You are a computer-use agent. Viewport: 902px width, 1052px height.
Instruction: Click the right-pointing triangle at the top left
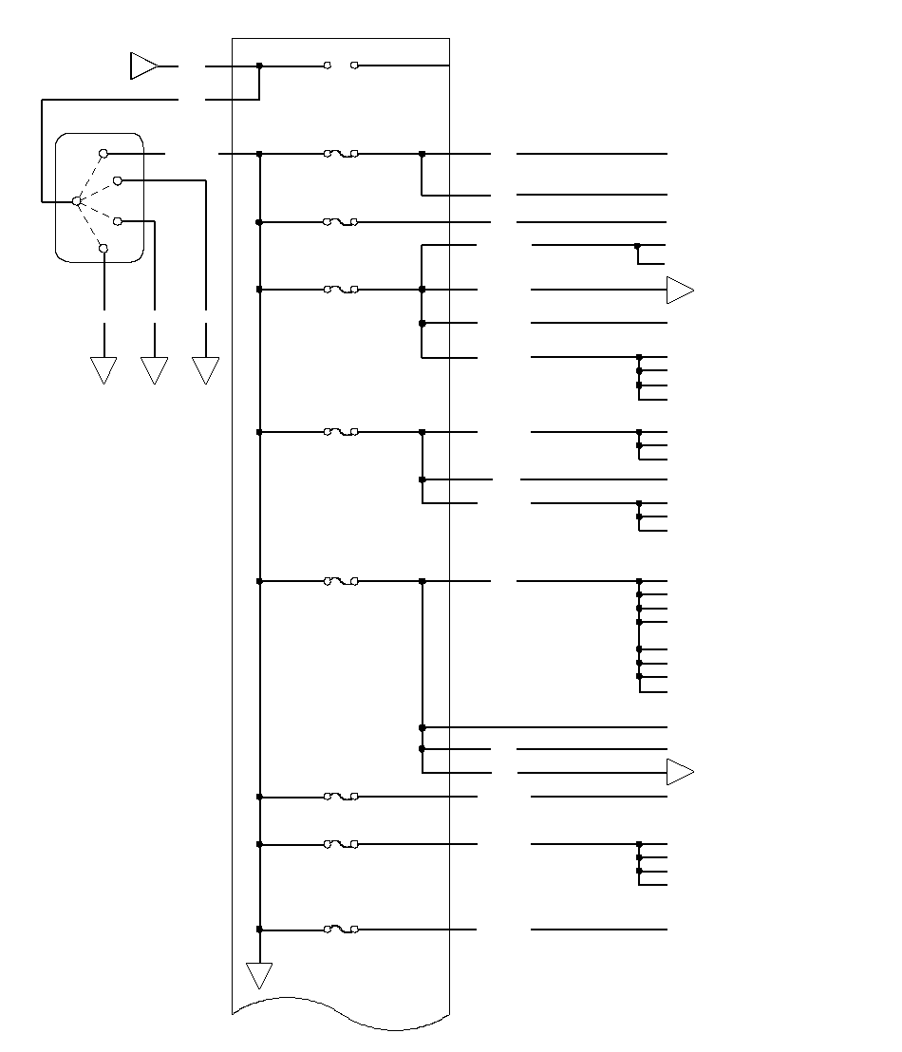click(x=142, y=66)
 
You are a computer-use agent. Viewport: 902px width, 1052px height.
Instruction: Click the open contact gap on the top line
click(x=341, y=66)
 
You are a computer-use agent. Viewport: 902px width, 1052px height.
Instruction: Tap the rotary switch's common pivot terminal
click(x=77, y=201)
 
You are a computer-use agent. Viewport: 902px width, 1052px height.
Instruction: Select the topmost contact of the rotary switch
click(x=103, y=153)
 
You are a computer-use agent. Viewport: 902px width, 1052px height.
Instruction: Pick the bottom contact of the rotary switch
click(x=103, y=249)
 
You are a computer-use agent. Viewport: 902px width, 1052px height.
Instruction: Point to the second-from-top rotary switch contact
click(x=118, y=179)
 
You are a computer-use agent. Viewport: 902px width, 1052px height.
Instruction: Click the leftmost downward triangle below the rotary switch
click(x=103, y=369)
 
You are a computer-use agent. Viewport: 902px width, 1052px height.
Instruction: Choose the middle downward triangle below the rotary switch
click(x=154, y=369)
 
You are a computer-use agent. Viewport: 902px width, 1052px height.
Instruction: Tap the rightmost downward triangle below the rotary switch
click(x=205, y=369)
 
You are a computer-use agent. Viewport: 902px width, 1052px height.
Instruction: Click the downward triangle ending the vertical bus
click(x=259, y=974)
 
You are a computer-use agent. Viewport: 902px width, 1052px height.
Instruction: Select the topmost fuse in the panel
click(x=341, y=153)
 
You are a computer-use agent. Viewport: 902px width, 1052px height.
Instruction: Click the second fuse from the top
click(x=341, y=222)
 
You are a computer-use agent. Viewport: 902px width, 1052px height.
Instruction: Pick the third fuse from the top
click(x=341, y=290)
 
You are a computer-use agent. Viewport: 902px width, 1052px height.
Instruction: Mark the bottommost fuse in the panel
click(x=341, y=930)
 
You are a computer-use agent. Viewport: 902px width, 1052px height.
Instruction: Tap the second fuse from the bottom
click(x=341, y=844)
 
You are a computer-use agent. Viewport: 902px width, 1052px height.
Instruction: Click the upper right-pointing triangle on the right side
click(x=679, y=290)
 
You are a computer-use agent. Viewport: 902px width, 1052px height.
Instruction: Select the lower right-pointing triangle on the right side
click(x=679, y=773)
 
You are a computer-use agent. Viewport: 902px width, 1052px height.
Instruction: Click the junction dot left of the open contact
click(x=259, y=66)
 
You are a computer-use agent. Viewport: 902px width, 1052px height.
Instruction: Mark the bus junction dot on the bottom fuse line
click(x=259, y=930)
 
